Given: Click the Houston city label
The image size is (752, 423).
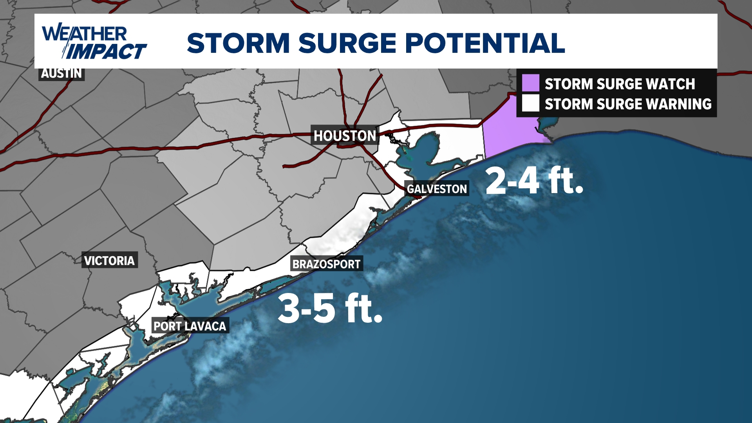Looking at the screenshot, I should [x=345, y=136].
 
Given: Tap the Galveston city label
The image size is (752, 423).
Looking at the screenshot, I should [x=437, y=189].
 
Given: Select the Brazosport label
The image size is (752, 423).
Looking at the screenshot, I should [x=326, y=264].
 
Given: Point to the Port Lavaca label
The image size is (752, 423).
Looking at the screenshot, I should [x=190, y=326].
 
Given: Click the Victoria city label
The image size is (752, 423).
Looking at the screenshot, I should [x=109, y=260].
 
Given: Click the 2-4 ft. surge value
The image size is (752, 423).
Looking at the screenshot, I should [x=534, y=181].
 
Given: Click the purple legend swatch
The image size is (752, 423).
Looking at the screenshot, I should [x=530, y=83].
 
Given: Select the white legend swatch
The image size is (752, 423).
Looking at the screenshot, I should [x=530, y=103].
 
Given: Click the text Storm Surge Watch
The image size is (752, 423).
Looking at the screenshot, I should [x=620, y=84].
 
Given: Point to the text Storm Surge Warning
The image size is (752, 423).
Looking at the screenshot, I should [x=628, y=104].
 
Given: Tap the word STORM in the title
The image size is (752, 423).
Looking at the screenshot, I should [x=238, y=43].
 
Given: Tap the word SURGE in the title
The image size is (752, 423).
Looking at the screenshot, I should [x=348, y=43].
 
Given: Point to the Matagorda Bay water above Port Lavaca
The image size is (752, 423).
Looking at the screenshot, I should [x=196, y=302].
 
